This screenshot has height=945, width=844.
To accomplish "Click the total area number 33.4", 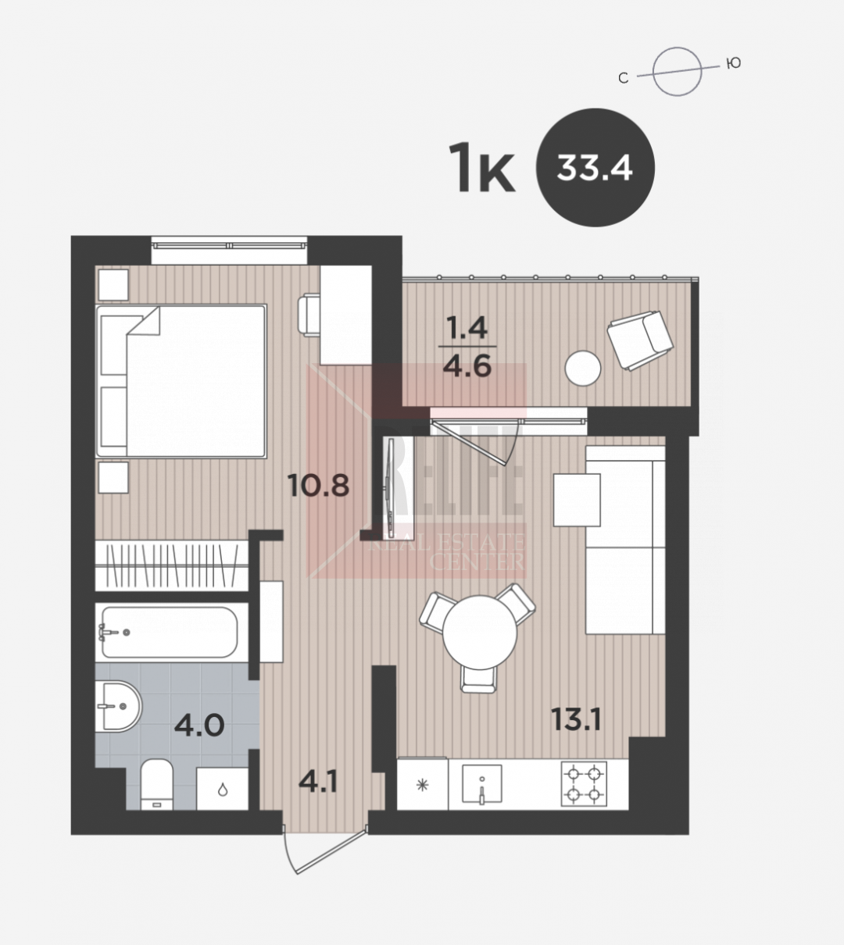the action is tap(595, 167).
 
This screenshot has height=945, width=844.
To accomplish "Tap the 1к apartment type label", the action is tap(481, 168).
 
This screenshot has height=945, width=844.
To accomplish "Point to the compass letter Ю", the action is tap(734, 63).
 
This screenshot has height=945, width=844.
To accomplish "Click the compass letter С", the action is tap(623, 78).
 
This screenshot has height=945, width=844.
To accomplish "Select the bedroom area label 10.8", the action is tap(318, 485).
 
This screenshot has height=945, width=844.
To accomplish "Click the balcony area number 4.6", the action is tap(467, 366).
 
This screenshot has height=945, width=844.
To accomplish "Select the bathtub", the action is tap(170, 632).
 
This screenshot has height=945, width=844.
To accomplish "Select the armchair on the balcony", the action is tap(641, 341).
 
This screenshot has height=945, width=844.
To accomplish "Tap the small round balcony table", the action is tap(582, 368).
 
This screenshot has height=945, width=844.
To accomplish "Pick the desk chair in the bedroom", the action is tap(308, 315).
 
